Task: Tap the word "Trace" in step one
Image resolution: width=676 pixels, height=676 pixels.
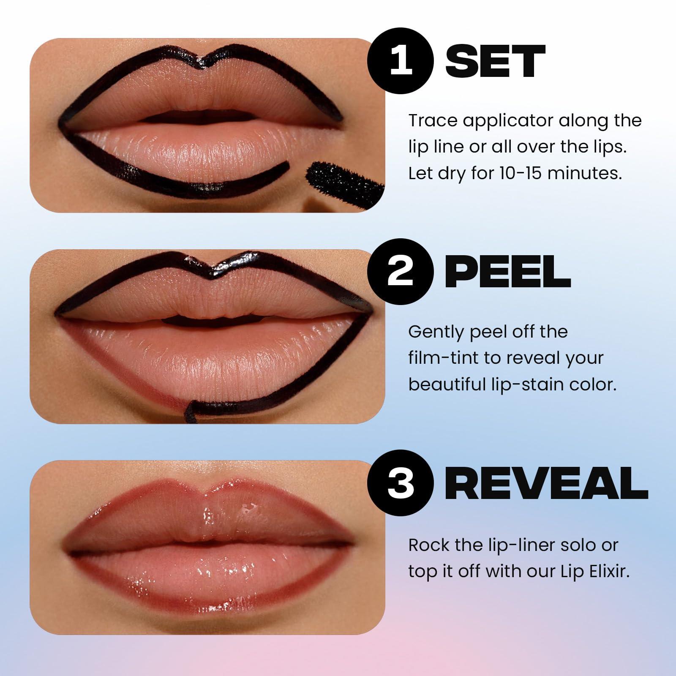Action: pos(433,121)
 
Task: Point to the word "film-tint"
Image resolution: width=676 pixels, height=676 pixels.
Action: pos(443,358)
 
